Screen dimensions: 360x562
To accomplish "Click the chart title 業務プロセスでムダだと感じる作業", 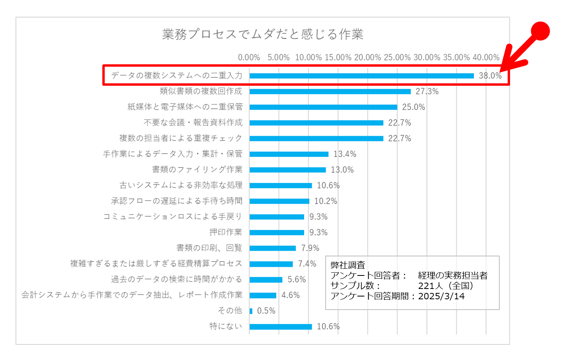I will (263, 34).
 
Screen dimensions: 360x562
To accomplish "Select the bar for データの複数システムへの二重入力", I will (361, 76).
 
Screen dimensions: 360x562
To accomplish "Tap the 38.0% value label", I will (490, 76).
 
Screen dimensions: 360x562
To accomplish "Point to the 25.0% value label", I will (413, 107).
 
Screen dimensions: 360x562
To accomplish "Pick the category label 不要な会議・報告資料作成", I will (193, 123).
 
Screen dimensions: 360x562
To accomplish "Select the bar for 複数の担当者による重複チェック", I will (316, 139).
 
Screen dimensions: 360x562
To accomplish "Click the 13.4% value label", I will (345, 154).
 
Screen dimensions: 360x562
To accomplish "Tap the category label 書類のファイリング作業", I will (197, 169).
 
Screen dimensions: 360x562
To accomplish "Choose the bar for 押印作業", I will (277, 232).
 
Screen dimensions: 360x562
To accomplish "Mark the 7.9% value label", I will (310, 248).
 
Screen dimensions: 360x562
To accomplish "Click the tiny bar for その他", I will (251, 311).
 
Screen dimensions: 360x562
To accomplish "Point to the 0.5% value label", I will (266, 311).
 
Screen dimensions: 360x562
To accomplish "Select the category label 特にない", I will (226, 326).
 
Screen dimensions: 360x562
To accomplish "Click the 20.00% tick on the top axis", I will (367, 58).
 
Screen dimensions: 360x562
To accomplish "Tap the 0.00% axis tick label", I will (249, 58).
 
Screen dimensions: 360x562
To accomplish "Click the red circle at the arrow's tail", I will (540, 31).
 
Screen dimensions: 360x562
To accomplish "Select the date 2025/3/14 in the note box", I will (441, 296).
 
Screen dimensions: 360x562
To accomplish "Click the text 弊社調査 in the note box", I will (348, 265).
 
